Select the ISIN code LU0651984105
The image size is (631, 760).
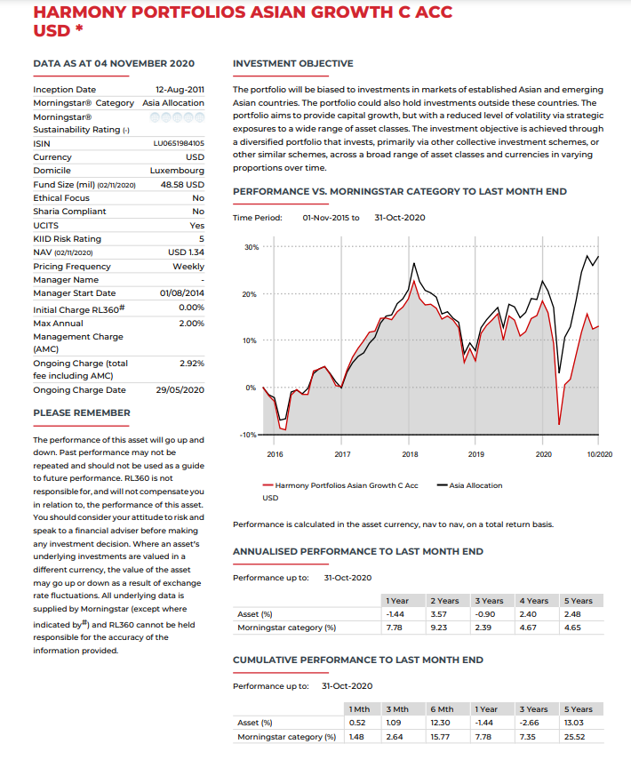[180, 142]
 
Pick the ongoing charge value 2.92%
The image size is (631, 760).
[192, 364]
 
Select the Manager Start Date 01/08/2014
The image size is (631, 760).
[182, 293]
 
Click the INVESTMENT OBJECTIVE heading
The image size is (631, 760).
[292, 64]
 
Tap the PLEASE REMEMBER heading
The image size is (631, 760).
[82, 412]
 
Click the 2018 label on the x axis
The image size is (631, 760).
[410, 454]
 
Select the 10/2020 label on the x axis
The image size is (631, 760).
[600, 454]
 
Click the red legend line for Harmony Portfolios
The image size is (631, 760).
[268, 485]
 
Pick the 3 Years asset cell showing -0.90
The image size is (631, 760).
[485, 614]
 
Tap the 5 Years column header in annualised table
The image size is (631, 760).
[579, 601]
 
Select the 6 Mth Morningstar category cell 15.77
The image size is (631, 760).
[440, 736]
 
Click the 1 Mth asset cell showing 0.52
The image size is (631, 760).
[359, 723]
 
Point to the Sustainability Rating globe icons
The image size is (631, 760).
[178, 116]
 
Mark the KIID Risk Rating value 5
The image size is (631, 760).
[202, 238]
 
